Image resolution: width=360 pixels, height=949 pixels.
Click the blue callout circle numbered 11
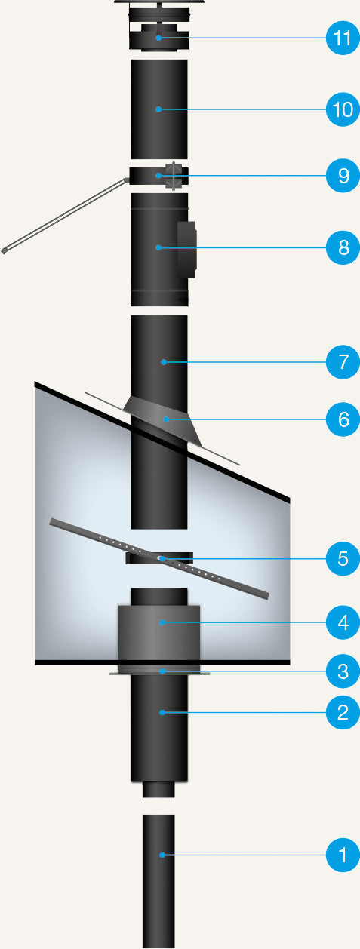343,38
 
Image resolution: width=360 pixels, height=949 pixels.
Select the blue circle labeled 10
343,109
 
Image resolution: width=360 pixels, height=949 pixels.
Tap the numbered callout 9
343,176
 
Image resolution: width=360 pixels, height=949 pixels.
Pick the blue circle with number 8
343,247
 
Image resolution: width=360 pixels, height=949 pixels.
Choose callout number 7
343,362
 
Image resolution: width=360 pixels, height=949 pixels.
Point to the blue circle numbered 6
343,419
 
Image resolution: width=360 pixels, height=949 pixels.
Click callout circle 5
343,558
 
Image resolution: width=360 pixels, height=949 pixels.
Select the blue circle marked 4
343,622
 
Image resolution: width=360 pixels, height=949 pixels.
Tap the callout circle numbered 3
343,671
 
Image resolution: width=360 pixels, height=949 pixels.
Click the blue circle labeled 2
343,713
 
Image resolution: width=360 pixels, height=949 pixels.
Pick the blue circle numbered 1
343,855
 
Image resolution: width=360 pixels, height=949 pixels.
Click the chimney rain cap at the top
159,26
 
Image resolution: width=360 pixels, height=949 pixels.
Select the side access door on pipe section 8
186,249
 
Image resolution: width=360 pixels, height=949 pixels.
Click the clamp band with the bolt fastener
159,176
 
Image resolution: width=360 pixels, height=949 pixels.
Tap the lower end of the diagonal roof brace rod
4,251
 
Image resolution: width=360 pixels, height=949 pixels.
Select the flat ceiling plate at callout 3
159,672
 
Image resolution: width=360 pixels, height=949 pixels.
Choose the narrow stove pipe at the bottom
158,881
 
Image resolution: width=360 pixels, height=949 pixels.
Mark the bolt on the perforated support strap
161,559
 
